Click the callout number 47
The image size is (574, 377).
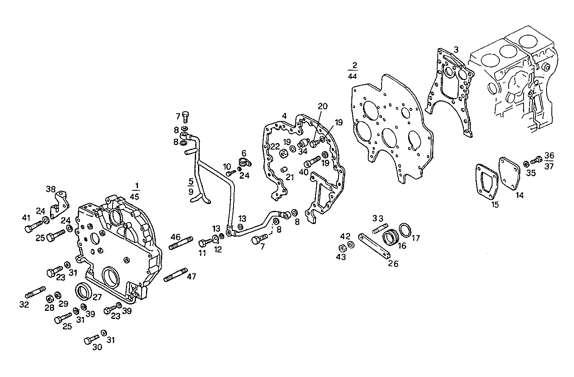pyautogui.click(x=191, y=277)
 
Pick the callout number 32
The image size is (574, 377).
pyautogui.click(x=24, y=305)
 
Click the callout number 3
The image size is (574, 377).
pyautogui.click(x=455, y=49)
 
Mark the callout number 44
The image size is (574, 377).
pyautogui.click(x=352, y=75)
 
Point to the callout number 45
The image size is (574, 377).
pyautogui.click(x=134, y=196)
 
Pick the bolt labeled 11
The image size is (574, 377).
pyautogui.click(x=205, y=243)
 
